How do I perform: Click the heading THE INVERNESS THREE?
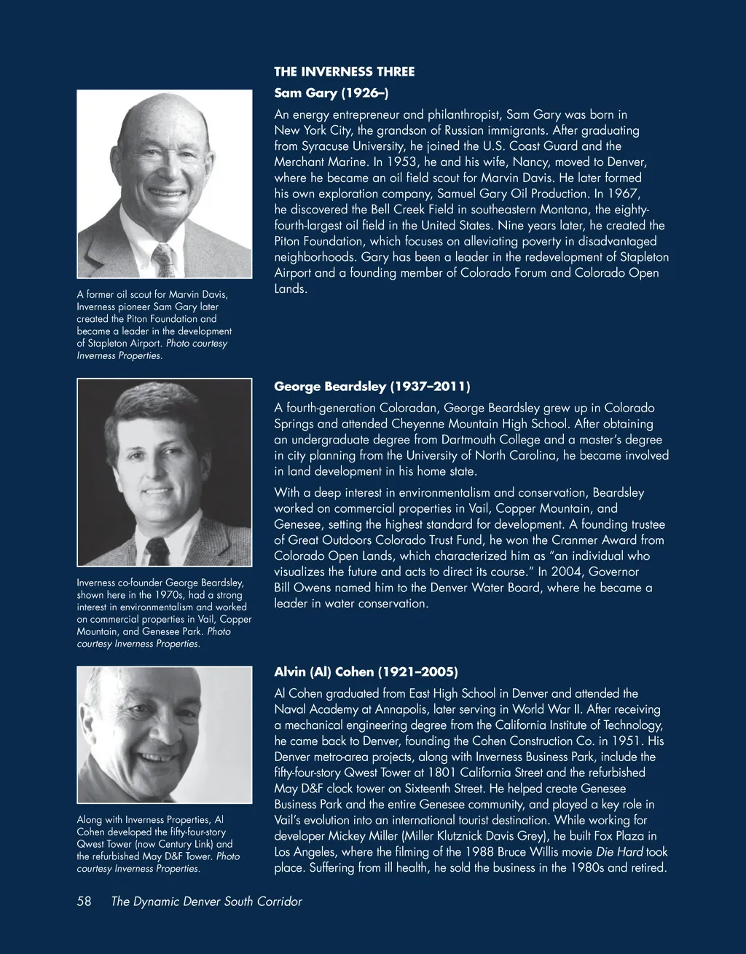pyautogui.click(x=344, y=71)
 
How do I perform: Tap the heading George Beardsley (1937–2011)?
pyautogui.click(x=372, y=386)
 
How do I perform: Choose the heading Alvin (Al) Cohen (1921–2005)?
pyautogui.click(x=366, y=671)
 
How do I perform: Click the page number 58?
pyautogui.click(x=84, y=902)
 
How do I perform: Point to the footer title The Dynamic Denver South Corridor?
pyautogui.click(x=206, y=902)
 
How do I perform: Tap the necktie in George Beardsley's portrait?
pyautogui.click(x=157, y=551)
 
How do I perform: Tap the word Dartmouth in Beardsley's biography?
pyautogui.click(x=513, y=440)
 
